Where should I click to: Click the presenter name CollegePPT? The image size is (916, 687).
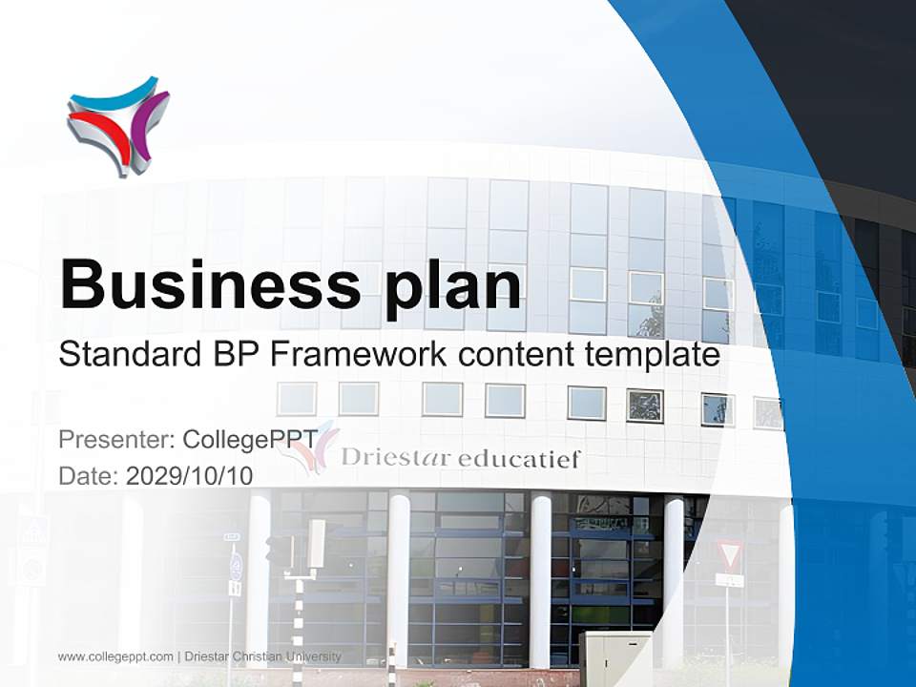[x=250, y=440]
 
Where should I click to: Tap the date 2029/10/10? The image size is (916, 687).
[x=189, y=476]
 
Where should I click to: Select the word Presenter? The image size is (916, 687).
[x=114, y=440]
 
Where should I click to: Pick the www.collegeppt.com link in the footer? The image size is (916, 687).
[x=115, y=656]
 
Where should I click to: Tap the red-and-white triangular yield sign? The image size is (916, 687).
[x=730, y=554]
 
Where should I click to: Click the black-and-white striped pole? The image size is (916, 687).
[x=297, y=630]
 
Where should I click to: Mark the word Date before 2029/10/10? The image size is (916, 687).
[x=88, y=476]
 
